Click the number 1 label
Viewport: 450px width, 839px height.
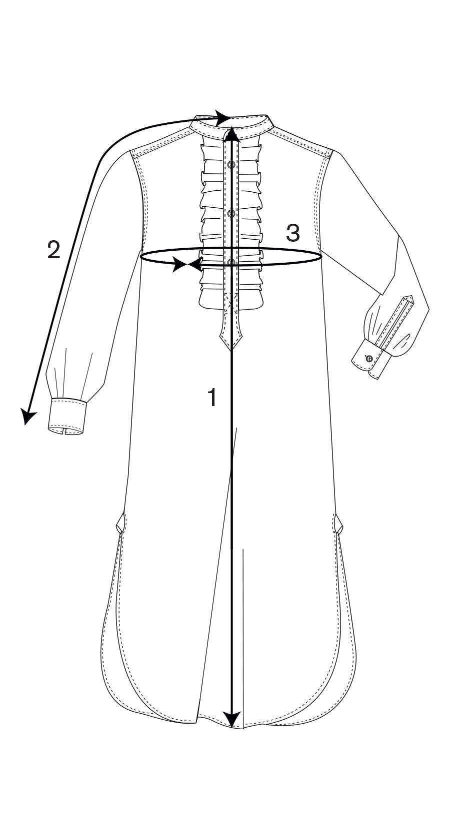(x=212, y=397)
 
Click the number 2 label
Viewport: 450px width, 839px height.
(x=53, y=250)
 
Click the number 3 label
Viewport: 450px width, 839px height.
(x=293, y=232)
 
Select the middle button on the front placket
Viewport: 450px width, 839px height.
(x=231, y=213)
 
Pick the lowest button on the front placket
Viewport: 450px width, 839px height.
(x=231, y=262)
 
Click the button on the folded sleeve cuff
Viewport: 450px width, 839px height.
(x=368, y=359)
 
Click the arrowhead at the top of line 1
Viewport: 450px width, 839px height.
(x=232, y=133)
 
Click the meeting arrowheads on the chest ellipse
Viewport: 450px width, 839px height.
(x=187, y=265)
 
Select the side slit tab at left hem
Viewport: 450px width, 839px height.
(x=119, y=523)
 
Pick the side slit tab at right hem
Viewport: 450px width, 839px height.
(x=338, y=523)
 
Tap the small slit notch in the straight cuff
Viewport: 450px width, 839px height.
(x=64, y=432)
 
